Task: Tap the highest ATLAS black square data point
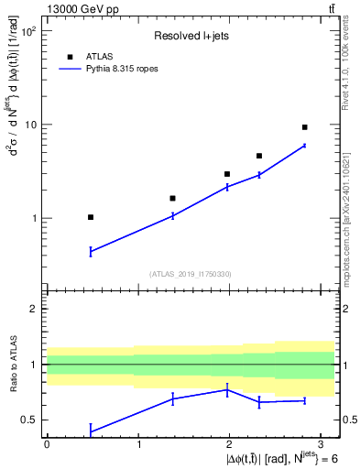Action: point(304,127)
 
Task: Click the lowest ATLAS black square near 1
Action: point(91,217)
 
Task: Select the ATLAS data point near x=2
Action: point(227,174)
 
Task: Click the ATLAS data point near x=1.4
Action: point(172,198)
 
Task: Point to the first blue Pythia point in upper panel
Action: point(91,251)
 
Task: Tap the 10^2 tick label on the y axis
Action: point(28,32)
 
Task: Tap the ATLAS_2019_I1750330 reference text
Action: point(190,273)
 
